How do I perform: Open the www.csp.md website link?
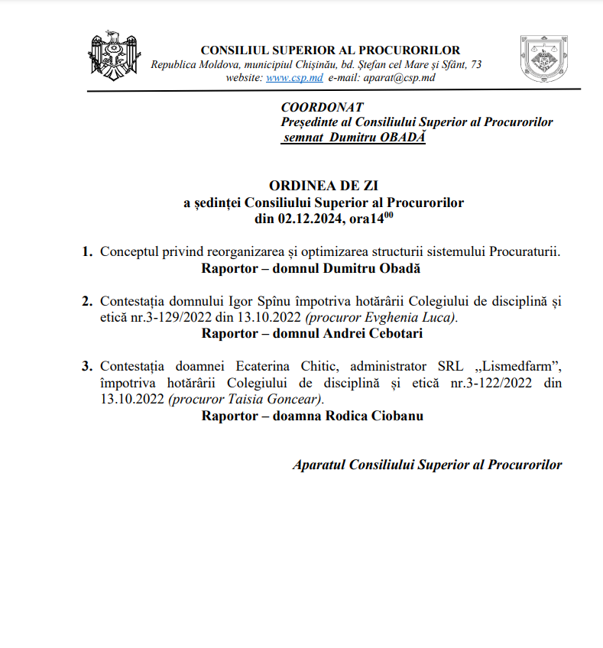[294, 78]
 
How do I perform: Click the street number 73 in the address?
[475, 65]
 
